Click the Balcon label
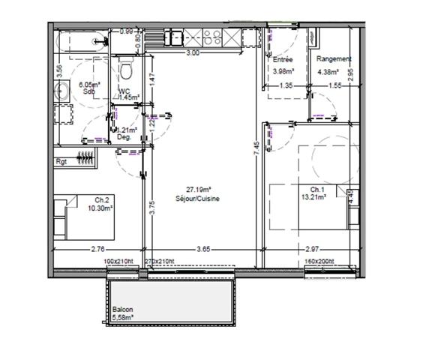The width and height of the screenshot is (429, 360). point(123,308)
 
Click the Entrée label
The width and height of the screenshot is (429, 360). point(283,59)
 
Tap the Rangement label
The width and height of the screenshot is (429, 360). point(334,59)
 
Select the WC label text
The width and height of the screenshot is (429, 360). point(124,90)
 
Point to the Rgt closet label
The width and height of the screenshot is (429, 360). point(61,161)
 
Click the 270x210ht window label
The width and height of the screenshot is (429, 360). point(159,262)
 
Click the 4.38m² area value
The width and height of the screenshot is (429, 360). point(328,73)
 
